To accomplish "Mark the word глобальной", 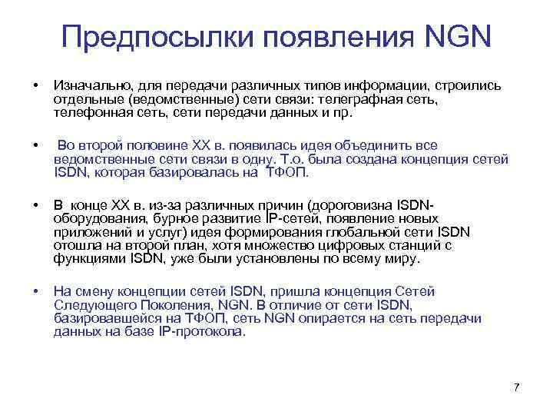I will tap(347, 233).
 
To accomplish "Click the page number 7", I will tap(516, 387).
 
